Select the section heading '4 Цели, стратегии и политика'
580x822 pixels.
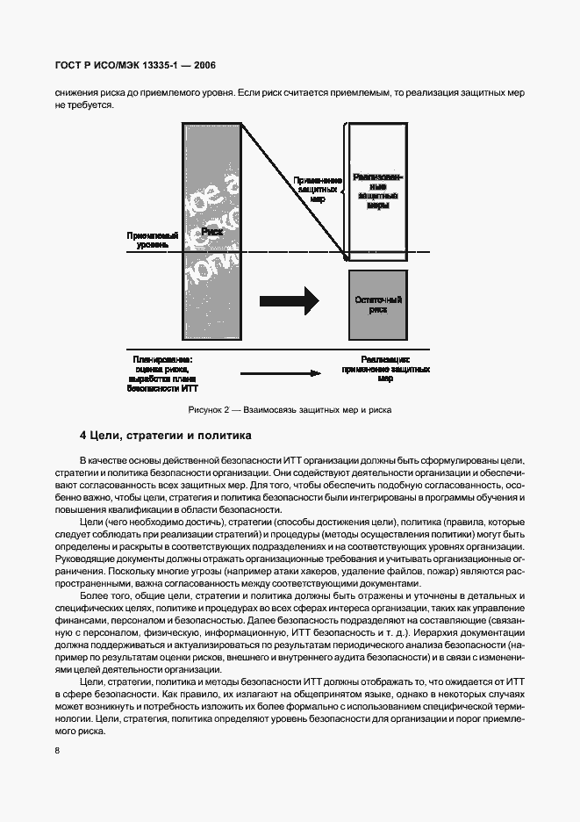tap(165, 435)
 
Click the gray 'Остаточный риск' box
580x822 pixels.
tap(377, 305)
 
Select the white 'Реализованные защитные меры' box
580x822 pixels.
tap(377, 190)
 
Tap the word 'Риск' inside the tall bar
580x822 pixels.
tap(211, 231)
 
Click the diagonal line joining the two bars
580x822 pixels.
tap(294, 189)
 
